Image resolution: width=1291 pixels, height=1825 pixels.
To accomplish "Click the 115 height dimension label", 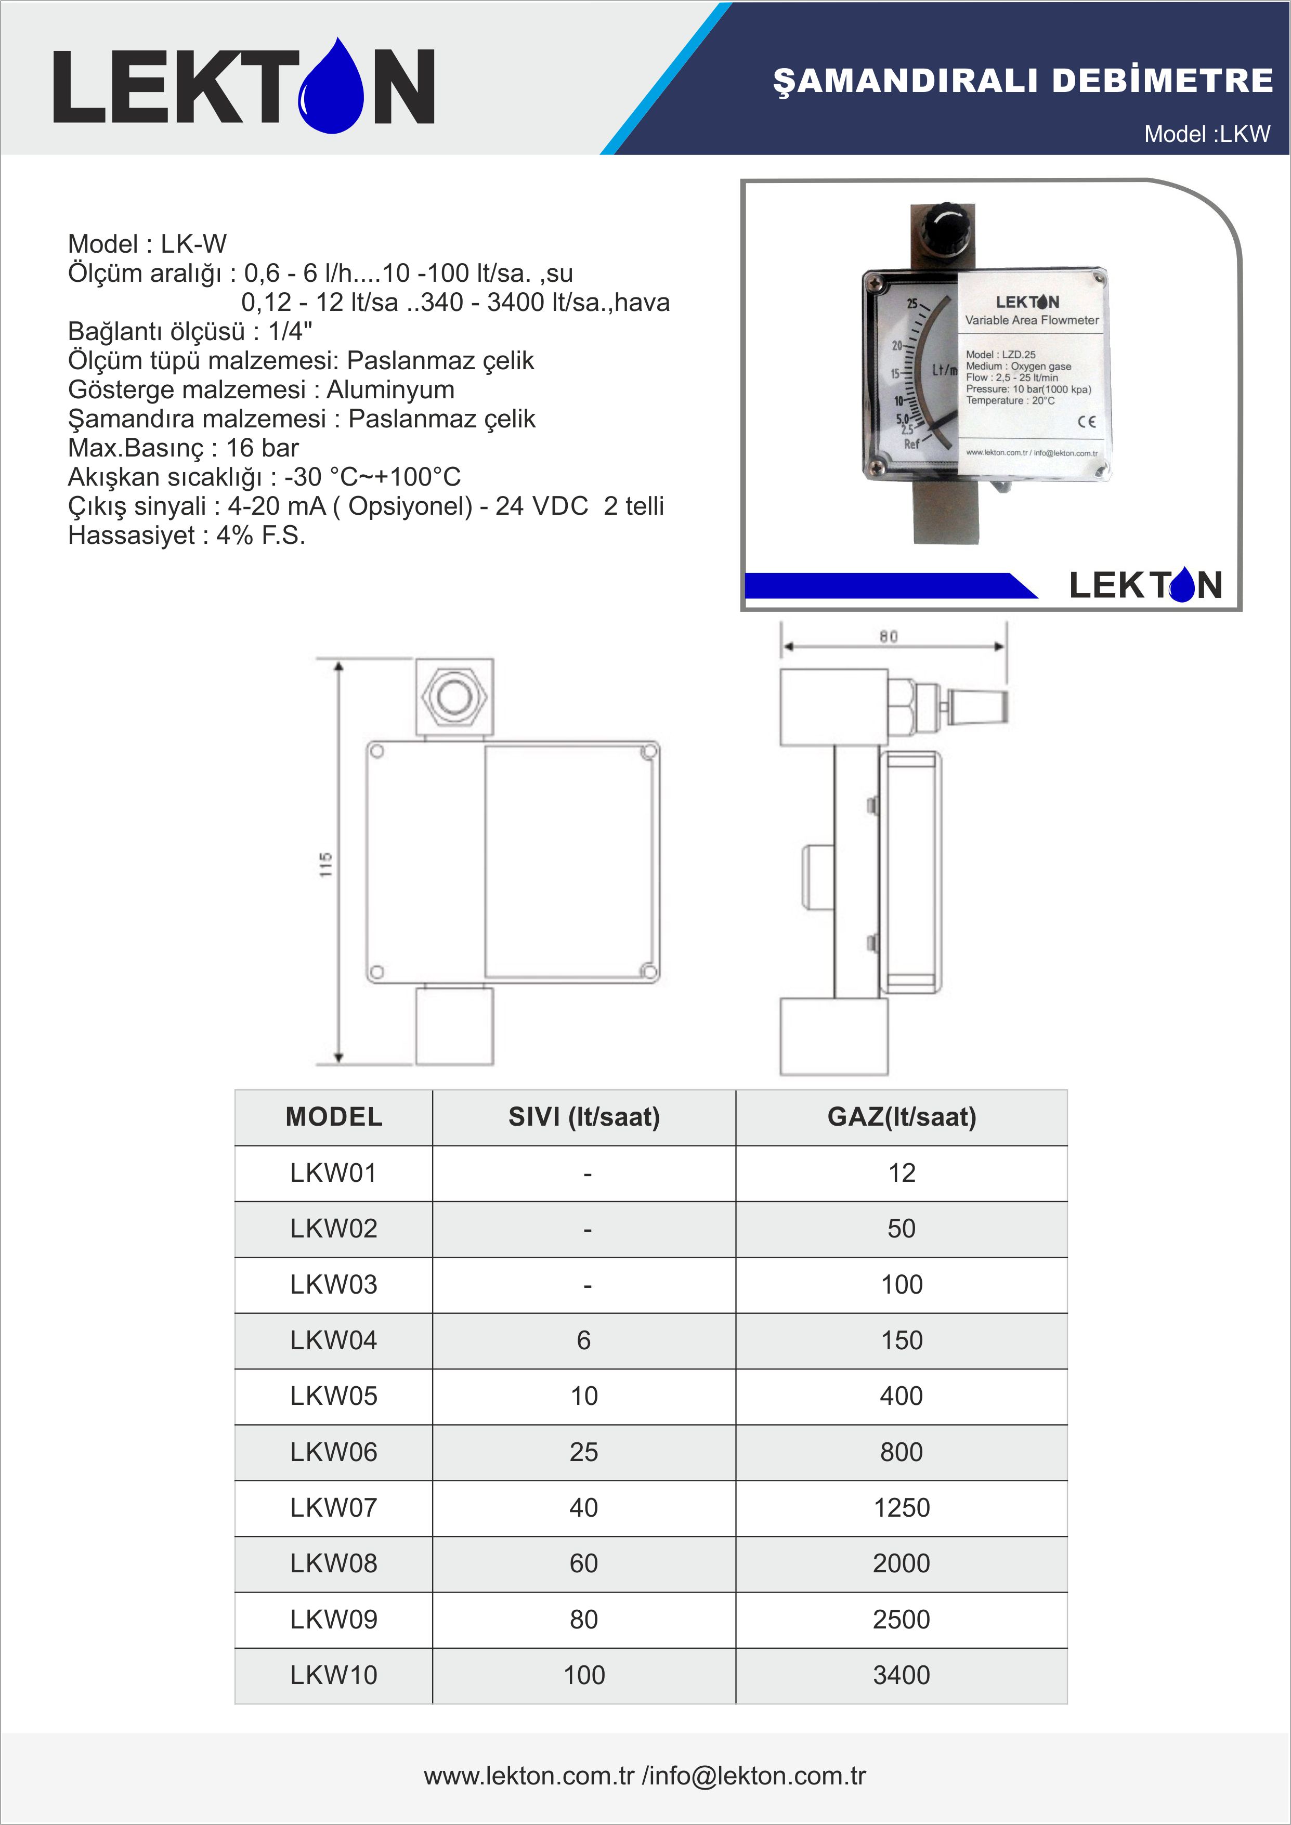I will [325, 864].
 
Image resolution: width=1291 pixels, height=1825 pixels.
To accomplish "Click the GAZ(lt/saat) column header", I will [902, 1117].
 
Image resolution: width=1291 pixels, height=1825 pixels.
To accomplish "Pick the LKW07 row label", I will [333, 1508].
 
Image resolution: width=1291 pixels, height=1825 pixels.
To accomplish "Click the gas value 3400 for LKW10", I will [902, 1675].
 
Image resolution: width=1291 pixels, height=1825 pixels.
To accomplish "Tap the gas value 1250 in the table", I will [902, 1508].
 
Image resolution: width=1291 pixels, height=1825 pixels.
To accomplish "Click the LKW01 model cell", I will [333, 1173].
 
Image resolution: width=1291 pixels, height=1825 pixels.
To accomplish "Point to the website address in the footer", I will [529, 1775].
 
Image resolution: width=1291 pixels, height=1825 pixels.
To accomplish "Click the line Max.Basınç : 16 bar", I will [183, 448].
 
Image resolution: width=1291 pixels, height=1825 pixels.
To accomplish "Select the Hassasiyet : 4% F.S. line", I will [186, 535].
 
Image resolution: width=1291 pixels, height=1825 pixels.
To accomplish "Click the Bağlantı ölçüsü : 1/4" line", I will [189, 331].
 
